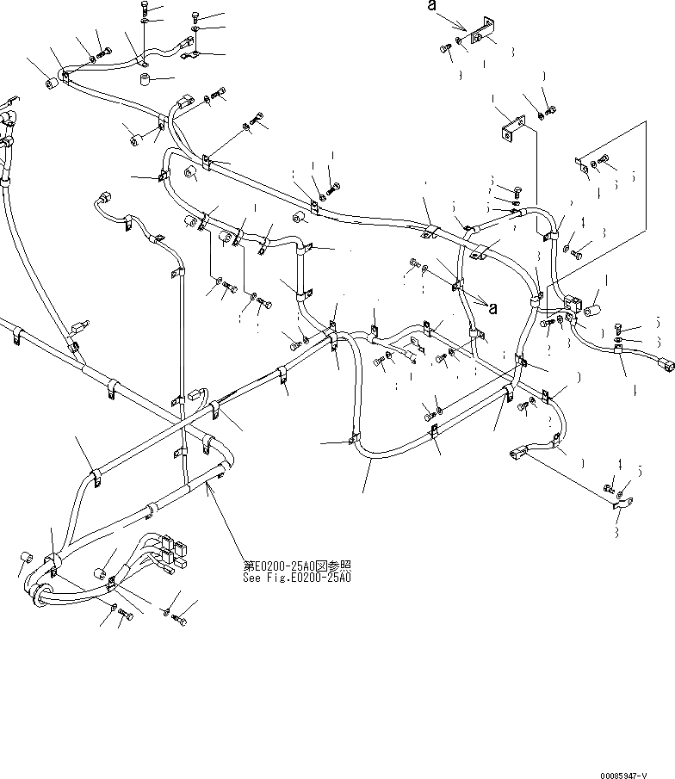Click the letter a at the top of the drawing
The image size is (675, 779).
point(432,7)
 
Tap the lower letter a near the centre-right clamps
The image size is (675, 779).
point(492,306)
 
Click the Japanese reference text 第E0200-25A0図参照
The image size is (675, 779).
point(297,566)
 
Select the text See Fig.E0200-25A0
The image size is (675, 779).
point(297,578)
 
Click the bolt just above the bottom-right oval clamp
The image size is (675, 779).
point(610,489)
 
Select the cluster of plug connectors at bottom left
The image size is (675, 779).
point(168,555)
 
